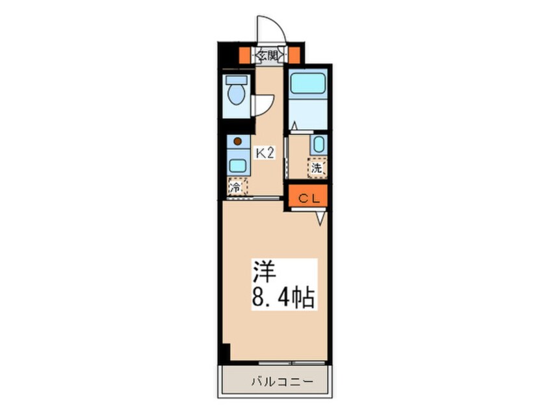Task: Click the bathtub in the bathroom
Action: click(x=307, y=84)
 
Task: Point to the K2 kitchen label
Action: click(x=264, y=153)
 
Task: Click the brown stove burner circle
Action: click(x=237, y=141)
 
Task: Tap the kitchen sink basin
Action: click(x=238, y=165)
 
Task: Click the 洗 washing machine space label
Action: click(x=317, y=168)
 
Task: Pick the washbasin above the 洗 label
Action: click(x=318, y=145)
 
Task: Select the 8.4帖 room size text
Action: click(x=283, y=299)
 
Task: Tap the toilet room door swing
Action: click(x=263, y=105)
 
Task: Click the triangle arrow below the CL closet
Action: click(x=321, y=218)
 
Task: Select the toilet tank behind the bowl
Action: click(x=236, y=81)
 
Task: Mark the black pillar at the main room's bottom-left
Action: click(x=225, y=353)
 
